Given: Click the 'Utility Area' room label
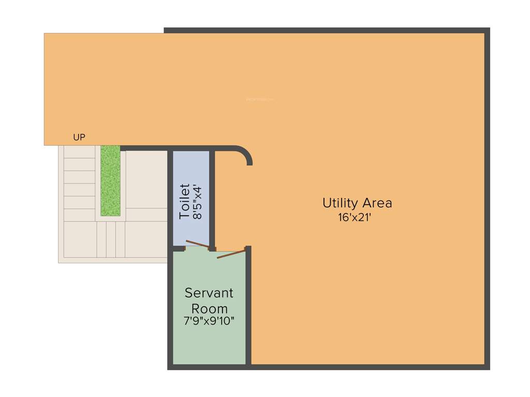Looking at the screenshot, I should (357, 203).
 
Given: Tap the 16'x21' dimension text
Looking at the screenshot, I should (355, 218).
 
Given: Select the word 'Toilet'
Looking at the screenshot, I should (185, 201).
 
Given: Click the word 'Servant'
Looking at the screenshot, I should (209, 293).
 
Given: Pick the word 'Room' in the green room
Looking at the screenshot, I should (209, 309).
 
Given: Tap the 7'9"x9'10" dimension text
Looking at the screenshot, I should (209, 321).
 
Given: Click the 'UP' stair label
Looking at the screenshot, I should (79, 138).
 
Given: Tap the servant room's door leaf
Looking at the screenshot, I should (230, 254).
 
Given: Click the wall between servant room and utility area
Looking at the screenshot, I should (248, 310).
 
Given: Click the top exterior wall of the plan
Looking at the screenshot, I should (326, 30).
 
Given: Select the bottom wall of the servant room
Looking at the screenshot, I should (209, 367).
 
